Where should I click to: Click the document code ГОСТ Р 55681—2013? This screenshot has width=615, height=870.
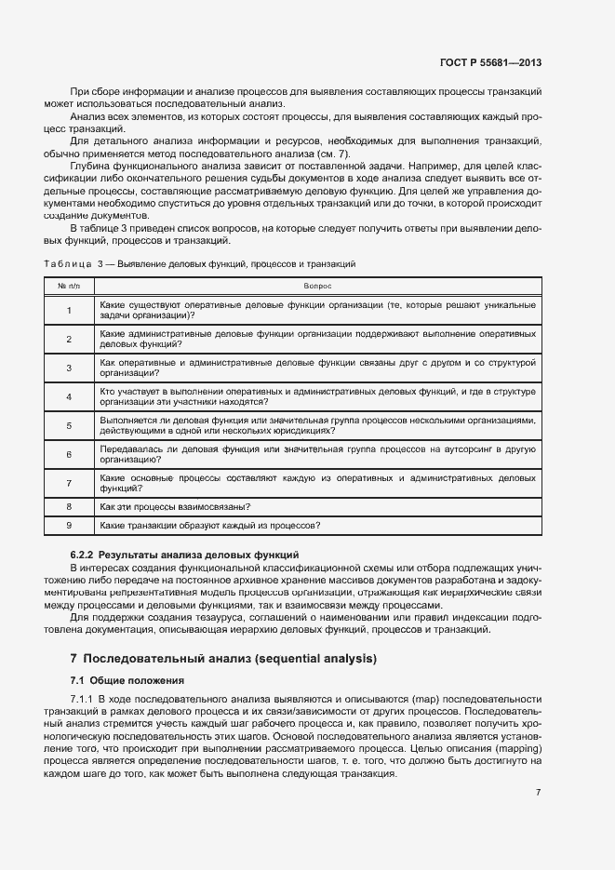[x=489, y=63]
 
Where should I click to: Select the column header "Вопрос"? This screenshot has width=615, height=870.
[x=317, y=286]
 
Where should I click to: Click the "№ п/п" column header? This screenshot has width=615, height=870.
[x=69, y=286]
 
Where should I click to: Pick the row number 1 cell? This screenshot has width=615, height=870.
[x=69, y=311]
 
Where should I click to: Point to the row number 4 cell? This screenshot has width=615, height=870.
[x=69, y=396]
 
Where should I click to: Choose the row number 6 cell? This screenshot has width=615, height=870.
[x=69, y=454]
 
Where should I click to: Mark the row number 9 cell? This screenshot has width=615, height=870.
[x=69, y=526]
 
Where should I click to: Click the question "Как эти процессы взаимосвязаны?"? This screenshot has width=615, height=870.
[x=173, y=507]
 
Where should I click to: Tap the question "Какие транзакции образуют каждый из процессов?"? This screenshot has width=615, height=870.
[x=209, y=526]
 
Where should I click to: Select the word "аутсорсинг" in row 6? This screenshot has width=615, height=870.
[x=471, y=449]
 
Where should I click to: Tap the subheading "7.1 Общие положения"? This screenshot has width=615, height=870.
[x=127, y=680]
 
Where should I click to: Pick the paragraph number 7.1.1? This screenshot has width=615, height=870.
[x=85, y=698]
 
